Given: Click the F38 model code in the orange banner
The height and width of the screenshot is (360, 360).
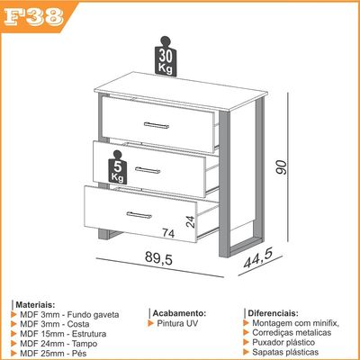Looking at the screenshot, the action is [33, 17].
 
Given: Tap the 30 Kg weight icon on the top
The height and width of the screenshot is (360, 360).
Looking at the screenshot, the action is [166, 56].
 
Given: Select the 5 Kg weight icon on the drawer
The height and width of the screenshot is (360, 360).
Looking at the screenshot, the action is [118, 167].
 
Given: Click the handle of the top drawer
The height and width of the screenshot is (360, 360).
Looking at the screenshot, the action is [157, 125].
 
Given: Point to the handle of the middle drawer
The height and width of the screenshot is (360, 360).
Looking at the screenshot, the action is [148, 170].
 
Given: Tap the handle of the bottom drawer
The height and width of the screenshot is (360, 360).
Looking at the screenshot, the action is [139, 215].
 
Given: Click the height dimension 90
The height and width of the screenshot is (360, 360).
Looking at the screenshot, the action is [282, 167].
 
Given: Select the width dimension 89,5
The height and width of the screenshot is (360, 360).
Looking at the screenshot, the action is [159, 257].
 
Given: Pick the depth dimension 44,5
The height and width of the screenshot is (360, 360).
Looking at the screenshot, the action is [258, 258].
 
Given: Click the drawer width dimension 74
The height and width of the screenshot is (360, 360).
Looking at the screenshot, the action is [168, 233].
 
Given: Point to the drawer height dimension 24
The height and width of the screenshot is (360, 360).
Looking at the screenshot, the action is [191, 221].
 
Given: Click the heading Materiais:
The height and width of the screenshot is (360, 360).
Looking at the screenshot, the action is [35, 305].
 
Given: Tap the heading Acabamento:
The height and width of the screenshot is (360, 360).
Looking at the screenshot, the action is [179, 313].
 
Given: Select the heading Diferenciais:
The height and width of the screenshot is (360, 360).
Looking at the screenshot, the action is [273, 313].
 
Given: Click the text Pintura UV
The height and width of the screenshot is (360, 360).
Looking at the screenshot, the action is [177, 323].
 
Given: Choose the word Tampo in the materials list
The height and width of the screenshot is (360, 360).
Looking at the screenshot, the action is [85, 344].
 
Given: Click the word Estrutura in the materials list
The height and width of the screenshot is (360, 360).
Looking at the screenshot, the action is [89, 334].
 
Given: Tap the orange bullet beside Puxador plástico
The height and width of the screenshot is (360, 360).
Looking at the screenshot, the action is [247, 342].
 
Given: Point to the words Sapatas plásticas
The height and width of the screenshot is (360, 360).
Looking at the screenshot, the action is [285, 352].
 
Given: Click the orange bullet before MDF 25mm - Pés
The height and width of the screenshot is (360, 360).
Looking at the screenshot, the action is [13, 353].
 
